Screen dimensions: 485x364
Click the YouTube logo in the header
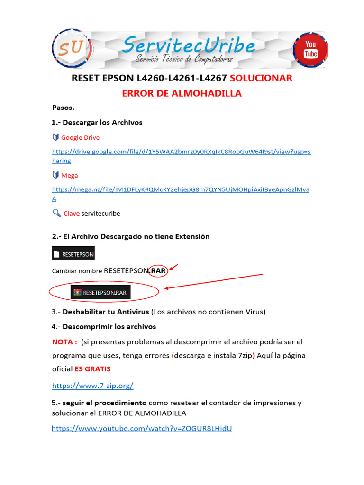coord(310,50)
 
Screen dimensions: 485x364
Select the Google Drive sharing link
coord(181,152)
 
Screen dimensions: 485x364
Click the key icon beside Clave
coord(56,213)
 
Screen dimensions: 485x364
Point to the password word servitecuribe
coord(100,213)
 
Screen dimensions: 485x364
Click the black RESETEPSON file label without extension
coord(73,253)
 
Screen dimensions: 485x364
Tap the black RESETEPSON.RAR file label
coord(100,292)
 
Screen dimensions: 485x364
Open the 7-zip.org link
coord(92,385)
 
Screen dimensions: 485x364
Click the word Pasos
coord(63,108)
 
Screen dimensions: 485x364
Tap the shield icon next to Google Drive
coord(55,137)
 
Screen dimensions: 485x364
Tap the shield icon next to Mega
coord(55,175)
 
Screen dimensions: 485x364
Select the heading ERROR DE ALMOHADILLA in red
coord(182,93)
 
